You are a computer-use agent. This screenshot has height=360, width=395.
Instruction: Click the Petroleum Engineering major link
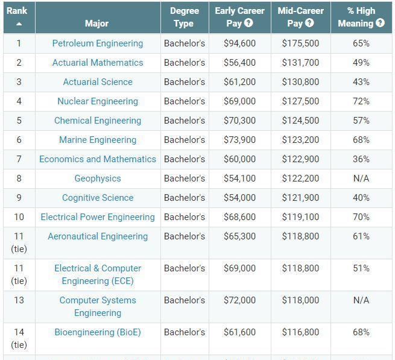98,43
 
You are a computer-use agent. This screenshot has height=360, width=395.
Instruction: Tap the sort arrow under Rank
19,24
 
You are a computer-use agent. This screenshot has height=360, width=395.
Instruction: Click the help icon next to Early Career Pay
248,23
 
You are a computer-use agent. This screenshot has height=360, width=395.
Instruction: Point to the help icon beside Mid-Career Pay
309,23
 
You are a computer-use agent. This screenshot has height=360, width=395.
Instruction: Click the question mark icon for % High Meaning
380,23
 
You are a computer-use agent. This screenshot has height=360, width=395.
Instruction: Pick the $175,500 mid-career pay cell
300,43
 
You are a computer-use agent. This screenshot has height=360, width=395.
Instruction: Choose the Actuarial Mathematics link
98,63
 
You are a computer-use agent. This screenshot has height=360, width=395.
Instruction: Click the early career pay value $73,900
239,140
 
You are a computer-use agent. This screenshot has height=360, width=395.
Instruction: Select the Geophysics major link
98,178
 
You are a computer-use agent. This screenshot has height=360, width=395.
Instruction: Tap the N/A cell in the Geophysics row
361,178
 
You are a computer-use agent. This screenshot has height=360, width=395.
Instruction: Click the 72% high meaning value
361,101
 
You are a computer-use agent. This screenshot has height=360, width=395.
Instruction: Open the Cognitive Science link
98,198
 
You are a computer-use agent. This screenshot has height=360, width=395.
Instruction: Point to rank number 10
19,217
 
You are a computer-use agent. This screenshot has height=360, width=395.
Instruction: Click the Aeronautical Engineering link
98,236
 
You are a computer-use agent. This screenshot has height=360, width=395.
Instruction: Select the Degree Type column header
184,17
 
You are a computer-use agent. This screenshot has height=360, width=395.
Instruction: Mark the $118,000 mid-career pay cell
300,300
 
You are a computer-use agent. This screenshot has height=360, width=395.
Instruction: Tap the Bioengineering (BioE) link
98,332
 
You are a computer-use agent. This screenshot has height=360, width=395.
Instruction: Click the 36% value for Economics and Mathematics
361,159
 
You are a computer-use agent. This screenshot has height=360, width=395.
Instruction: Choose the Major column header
97,24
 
